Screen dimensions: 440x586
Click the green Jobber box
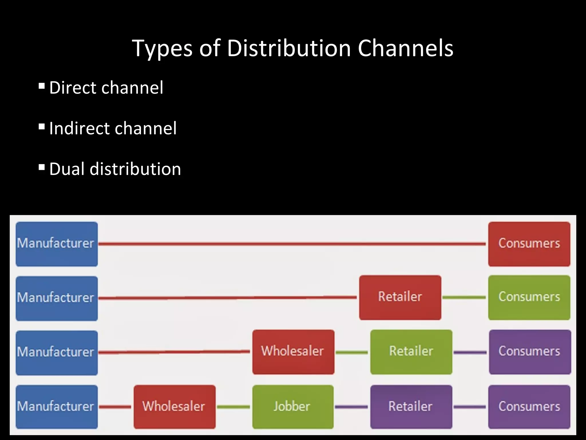coord(293,406)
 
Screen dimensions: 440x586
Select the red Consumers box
coord(529,244)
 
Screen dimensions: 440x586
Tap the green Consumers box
coord(529,297)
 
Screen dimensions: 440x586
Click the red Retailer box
coord(400,297)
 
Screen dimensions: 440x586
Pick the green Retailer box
coord(411,352)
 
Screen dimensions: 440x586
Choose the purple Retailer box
coord(411,406)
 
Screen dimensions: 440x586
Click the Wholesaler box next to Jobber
coord(175,406)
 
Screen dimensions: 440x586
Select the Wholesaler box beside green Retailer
coord(293,352)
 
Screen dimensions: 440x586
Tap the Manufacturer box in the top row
coord(57,244)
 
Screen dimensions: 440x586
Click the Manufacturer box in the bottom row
coord(57,406)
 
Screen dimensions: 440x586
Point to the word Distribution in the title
coord(289,48)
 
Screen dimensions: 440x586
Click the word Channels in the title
coord(405,48)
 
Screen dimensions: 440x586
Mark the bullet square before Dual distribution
coord(42,167)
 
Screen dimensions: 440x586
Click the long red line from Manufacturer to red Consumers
coord(292,244)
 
